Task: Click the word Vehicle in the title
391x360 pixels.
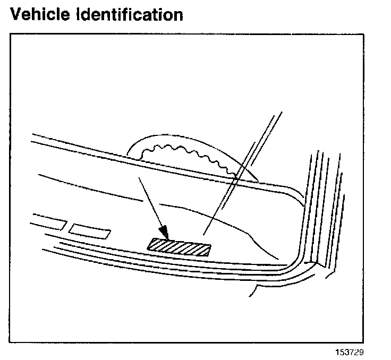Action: point(41,14)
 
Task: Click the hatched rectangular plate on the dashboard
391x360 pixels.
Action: point(178,246)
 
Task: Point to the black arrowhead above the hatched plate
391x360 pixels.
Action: point(164,232)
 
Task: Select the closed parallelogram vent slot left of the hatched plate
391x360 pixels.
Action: point(90,230)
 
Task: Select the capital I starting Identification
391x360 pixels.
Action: point(80,14)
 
